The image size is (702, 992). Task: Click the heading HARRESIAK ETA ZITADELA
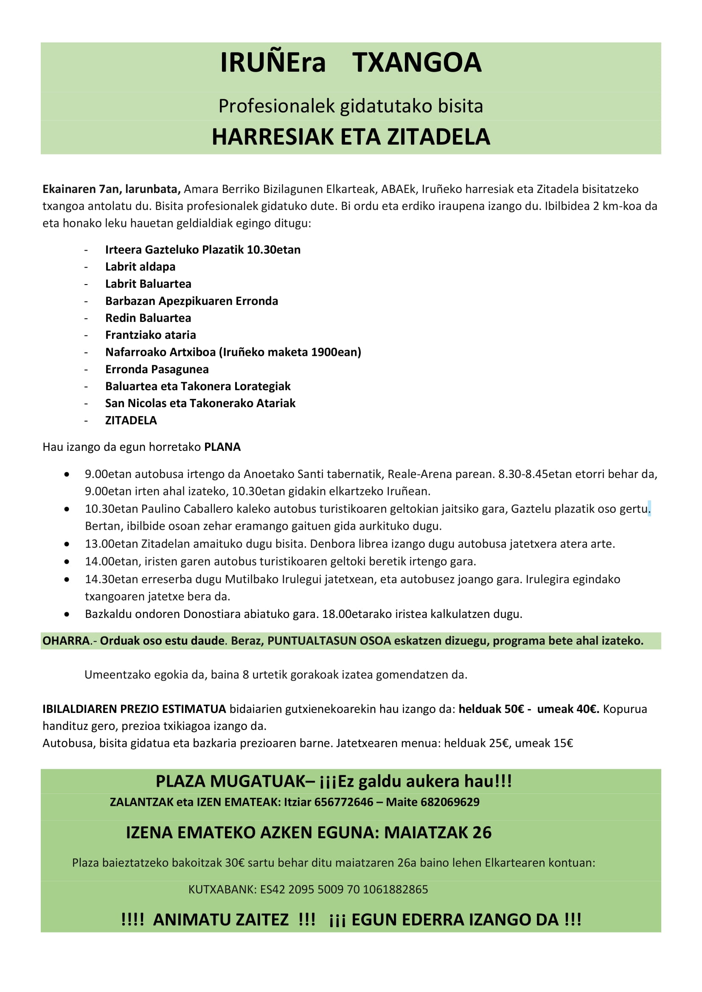click(351, 137)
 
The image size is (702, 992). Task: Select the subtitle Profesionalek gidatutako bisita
click(351, 106)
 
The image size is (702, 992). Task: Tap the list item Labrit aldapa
click(140, 267)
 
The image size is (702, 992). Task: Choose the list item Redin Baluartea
click(148, 318)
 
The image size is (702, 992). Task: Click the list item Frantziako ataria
click(150, 335)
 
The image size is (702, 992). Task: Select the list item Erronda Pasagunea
click(157, 369)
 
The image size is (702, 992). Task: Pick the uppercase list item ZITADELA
click(131, 420)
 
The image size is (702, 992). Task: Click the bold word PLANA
click(222, 447)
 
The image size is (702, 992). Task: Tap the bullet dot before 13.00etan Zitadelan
click(67, 544)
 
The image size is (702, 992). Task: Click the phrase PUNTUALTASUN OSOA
click(329, 641)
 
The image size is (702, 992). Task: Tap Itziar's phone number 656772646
click(344, 802)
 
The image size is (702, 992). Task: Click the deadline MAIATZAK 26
click(438, 833)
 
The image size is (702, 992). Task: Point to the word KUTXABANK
click(222, 889)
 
